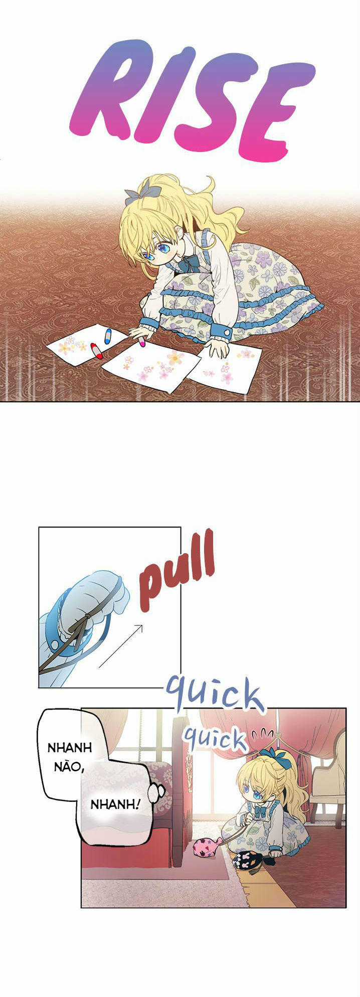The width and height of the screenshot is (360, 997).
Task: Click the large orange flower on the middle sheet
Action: coord(174,357)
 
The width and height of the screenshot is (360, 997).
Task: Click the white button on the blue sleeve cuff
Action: coord(226,332)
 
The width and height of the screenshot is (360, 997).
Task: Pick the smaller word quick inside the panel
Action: coord(214,738)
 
